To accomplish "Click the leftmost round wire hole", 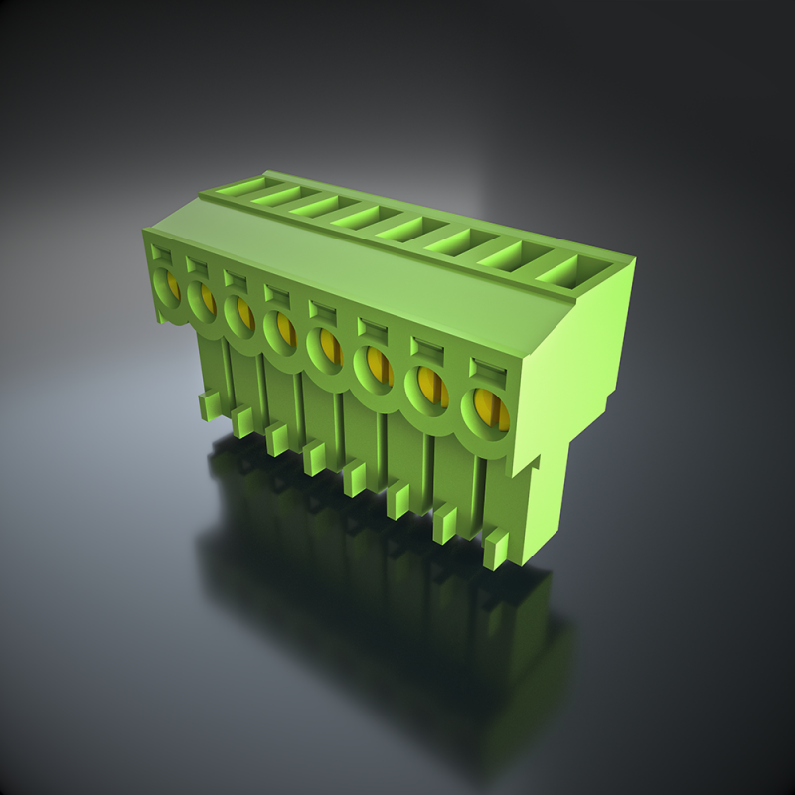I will (166, 286).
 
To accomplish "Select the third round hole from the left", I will (239, 313).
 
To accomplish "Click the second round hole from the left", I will (202, 299).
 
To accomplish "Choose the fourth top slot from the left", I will (359, 214).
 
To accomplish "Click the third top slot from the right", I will (458, 239).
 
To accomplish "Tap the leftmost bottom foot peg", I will (210, 404).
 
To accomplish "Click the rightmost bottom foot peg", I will (496, 550).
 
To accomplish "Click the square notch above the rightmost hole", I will (486, 368).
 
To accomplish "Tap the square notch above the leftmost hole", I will (160, 254).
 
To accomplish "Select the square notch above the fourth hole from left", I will (275, 292).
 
